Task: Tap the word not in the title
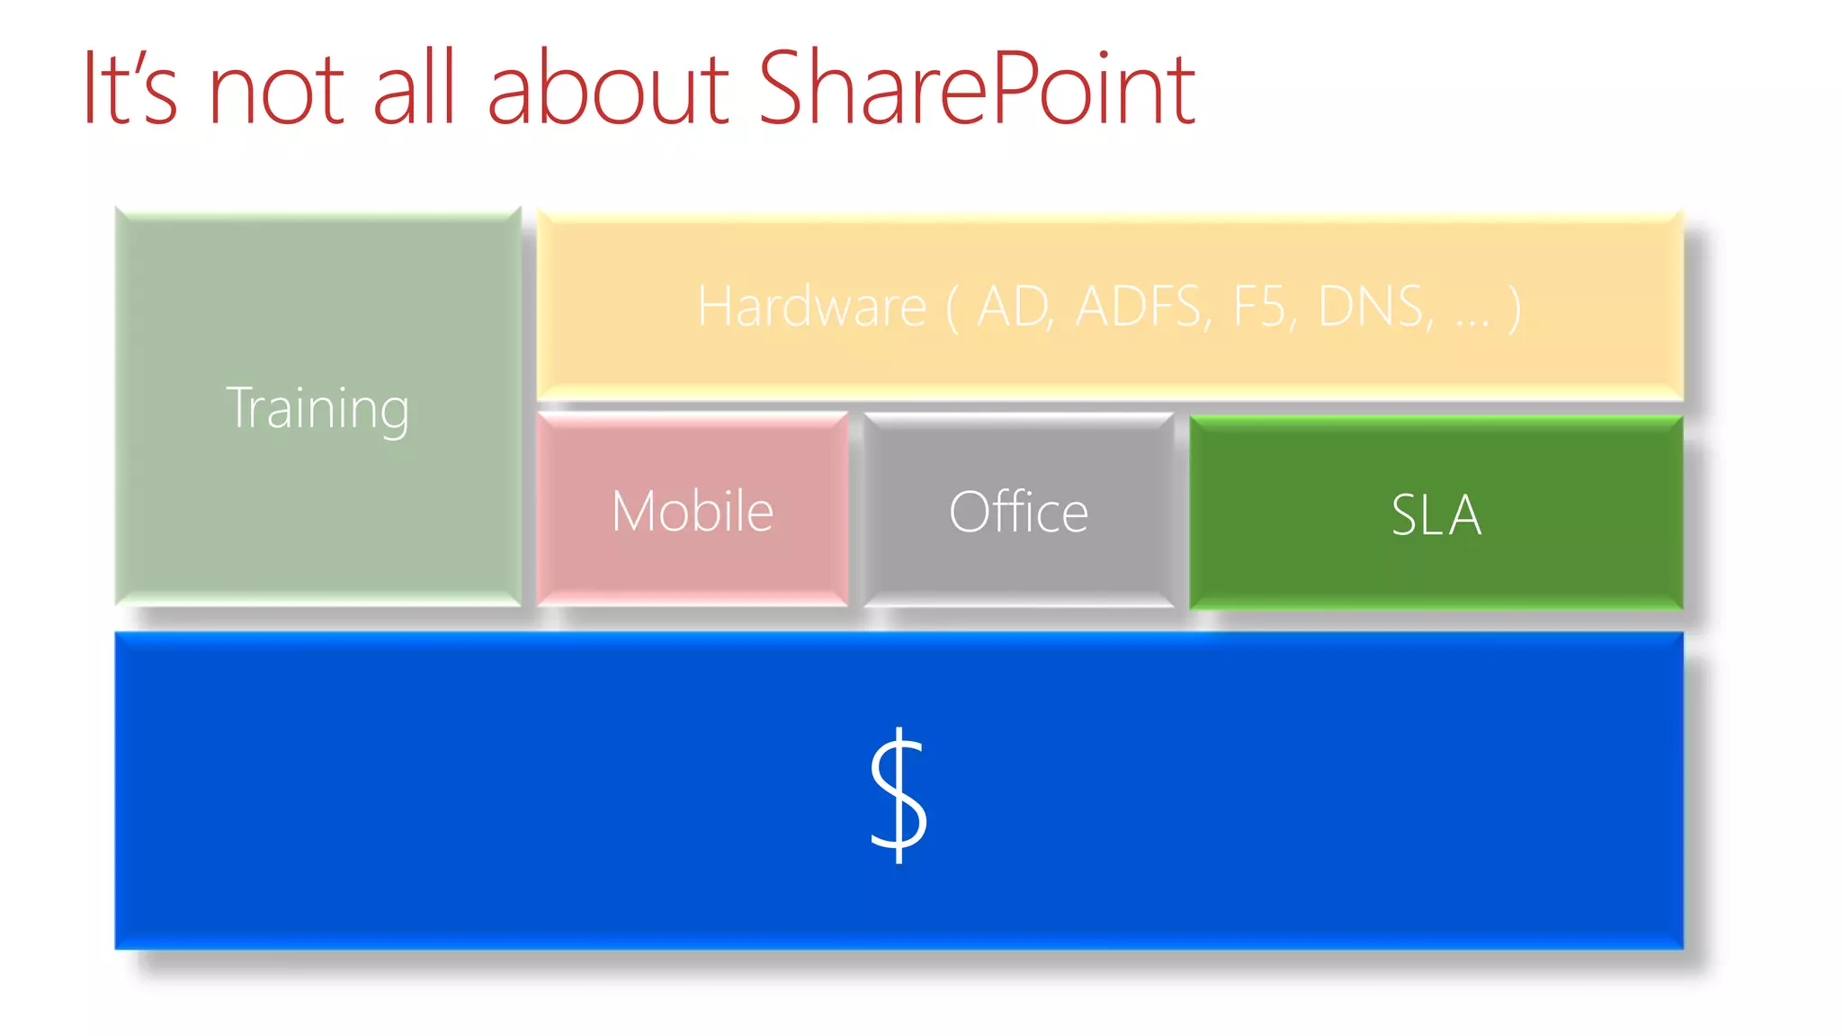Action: coord(275,90)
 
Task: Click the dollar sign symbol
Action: coord(899,795)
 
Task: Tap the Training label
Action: coord(317,408)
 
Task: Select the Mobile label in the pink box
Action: coord(693,512)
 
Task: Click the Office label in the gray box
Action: coord(1018,513)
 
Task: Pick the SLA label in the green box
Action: coord(1435,515)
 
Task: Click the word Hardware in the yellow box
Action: coord(811,307)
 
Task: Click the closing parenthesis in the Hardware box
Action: coord(1515,308)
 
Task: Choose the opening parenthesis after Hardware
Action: coord(952,308)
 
